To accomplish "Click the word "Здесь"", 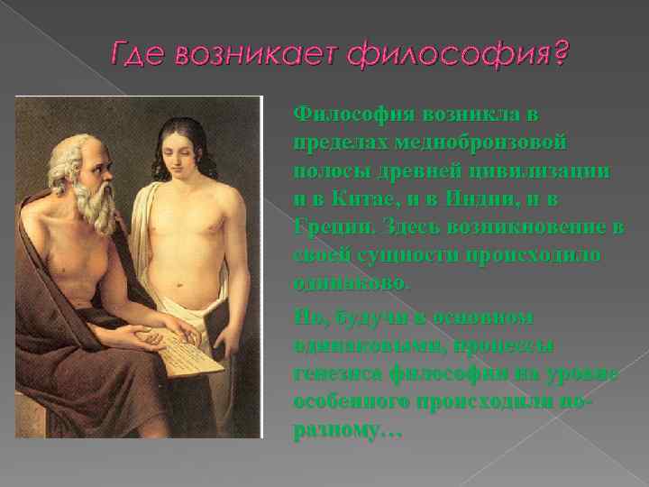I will point(406,226).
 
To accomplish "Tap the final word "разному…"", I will point(348,430).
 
